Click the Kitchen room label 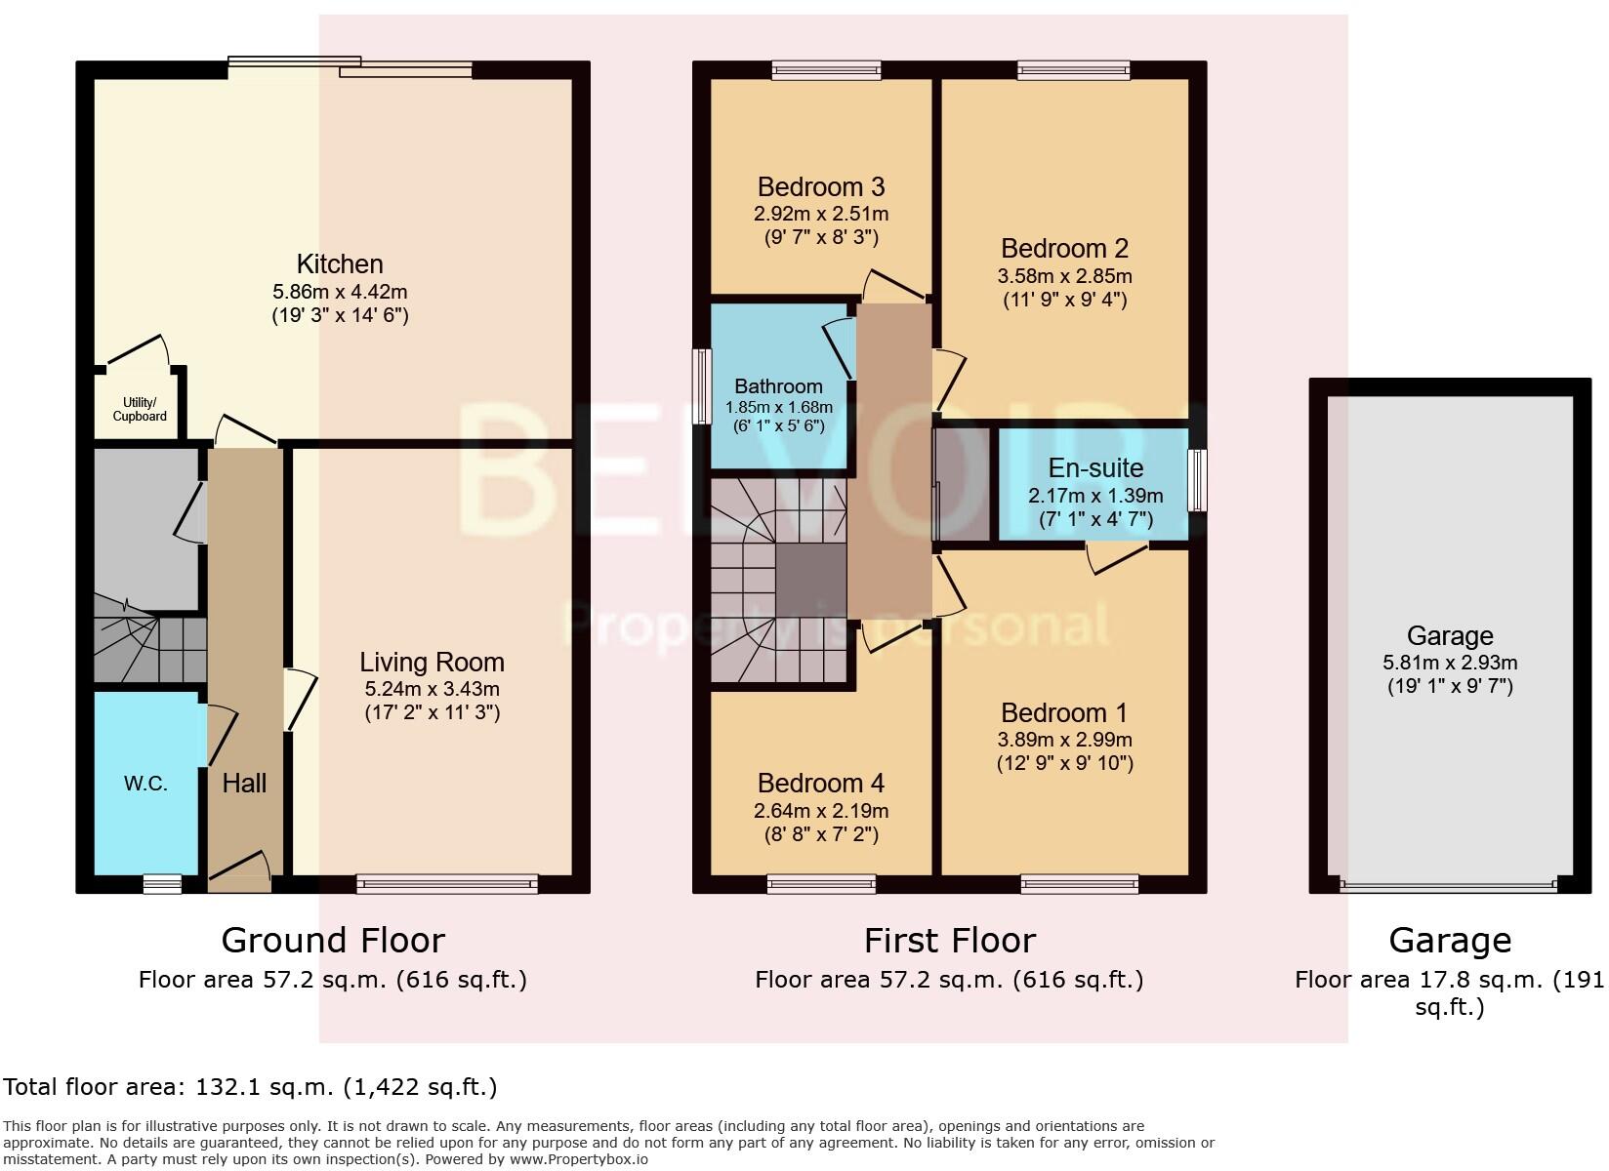point(340,264)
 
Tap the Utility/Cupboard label point(140,410)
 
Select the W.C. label point(145,784)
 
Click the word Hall point(244,783)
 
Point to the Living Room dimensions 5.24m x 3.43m point(432,689)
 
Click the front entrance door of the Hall point(239,871)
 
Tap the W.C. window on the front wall point(162,884)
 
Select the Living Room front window point(447,884)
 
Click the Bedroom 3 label point(821,186)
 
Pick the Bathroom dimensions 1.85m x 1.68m point(778,407)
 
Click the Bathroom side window point(702,386)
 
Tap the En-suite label point(1095,468)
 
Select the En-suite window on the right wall point(1197,480)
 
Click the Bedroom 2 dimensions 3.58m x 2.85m point(1065,276)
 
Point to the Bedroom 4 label point(821,784)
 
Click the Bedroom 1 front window point(1080,884)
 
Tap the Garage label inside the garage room point(1450,636)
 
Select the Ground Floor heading point(333,941)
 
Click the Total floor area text point(250,1087)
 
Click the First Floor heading point(949,941)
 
